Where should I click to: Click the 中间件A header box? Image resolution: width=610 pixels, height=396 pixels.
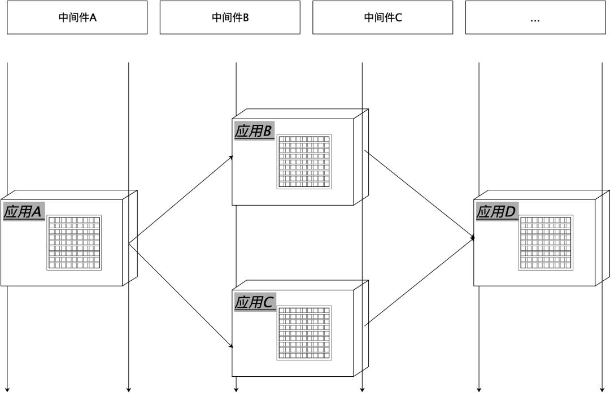[x=77, y=18]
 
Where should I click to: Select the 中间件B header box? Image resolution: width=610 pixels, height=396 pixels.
[x=230, y=18]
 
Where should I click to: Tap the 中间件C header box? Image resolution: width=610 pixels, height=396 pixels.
[x=383, y=18]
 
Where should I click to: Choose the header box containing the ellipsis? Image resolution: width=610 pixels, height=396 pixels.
[x=535, y=18]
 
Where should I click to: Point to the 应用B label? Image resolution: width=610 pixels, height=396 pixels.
[x=254, y=132]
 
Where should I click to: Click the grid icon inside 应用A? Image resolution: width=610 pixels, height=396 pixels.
[x=74, y=242]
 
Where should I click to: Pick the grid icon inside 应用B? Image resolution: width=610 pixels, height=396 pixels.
[x=304, y=162]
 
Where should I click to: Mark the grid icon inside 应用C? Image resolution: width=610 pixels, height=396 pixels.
[x=304, y=333]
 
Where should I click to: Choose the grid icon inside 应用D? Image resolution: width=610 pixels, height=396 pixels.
[x=546, y=242]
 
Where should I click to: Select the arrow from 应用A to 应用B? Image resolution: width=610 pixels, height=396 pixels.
[x=181, y=199]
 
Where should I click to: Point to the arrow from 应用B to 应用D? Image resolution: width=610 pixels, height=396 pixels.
[x=419, y=194]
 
